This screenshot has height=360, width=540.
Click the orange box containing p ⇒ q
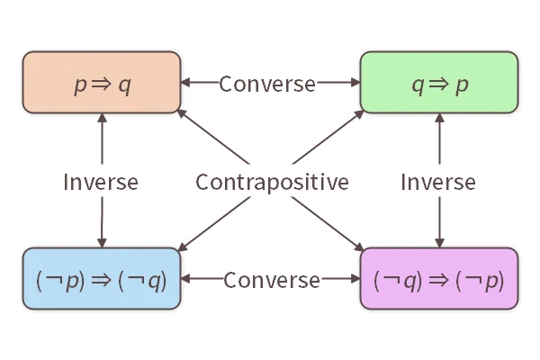click(102, 84)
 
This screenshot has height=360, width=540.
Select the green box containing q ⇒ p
click(439, 84)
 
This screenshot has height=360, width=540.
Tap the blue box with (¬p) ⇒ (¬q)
click(102, 279)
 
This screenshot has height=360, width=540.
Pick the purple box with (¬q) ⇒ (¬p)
click(439, 279)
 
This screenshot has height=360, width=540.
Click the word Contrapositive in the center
click(272, 182)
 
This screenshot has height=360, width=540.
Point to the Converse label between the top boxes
click(267, 84)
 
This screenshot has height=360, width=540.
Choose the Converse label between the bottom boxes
click(271, 280)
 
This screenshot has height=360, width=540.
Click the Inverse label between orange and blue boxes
click(101, 182)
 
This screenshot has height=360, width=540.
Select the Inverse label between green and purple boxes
click(438, 182)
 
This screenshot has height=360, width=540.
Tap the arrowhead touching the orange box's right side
click(185, 84)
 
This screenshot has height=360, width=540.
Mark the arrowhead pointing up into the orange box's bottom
click(102, 120)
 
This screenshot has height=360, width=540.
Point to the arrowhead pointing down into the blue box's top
click(102, 242)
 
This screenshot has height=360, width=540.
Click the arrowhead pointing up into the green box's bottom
click(439, 120)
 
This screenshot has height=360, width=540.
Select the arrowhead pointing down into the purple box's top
click(439, 242)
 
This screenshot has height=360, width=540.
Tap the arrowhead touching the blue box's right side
click(186, 280)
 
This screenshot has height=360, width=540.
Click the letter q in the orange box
click(124, 85)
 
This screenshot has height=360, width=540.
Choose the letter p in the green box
click(463, 85)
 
